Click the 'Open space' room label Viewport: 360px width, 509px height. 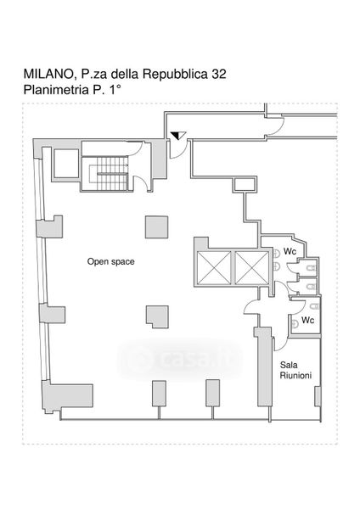pyautogui.click(x=110, y=261)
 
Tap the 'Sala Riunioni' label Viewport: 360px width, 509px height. pyautogui.click(x=295, y=371)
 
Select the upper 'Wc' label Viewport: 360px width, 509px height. pyautogui.click(x=290, y=251)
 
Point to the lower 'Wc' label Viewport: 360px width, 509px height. pyautogui.click(x=307, y=320)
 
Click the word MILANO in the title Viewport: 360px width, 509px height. pyautogui.click(x=49, y=75)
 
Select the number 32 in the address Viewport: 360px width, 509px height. pyautogui.click(x=219, y=74)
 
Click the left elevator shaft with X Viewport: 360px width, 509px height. pyautogui.click(x=214, y=268)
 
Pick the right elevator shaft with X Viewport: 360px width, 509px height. pyautogui.click(x=252, y=268)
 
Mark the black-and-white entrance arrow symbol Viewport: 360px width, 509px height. pyautogui.click(x=178, y=136)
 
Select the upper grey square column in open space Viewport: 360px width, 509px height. pyautogui.click(x=156, y=227)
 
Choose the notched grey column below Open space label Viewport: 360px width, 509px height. pyautogui.click(x=157, y=316)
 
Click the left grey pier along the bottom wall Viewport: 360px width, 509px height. pyautogui.click(x=160, y=394)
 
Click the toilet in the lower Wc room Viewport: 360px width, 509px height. pyautogui.click(x=314, y=306)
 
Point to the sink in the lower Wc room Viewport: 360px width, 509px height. pyautogui.click(x=295, y=323)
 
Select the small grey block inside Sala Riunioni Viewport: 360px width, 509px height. pyautogui.click(x=318, y=396)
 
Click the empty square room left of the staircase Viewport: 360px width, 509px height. pyautogui.click(x=66, y=163)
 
